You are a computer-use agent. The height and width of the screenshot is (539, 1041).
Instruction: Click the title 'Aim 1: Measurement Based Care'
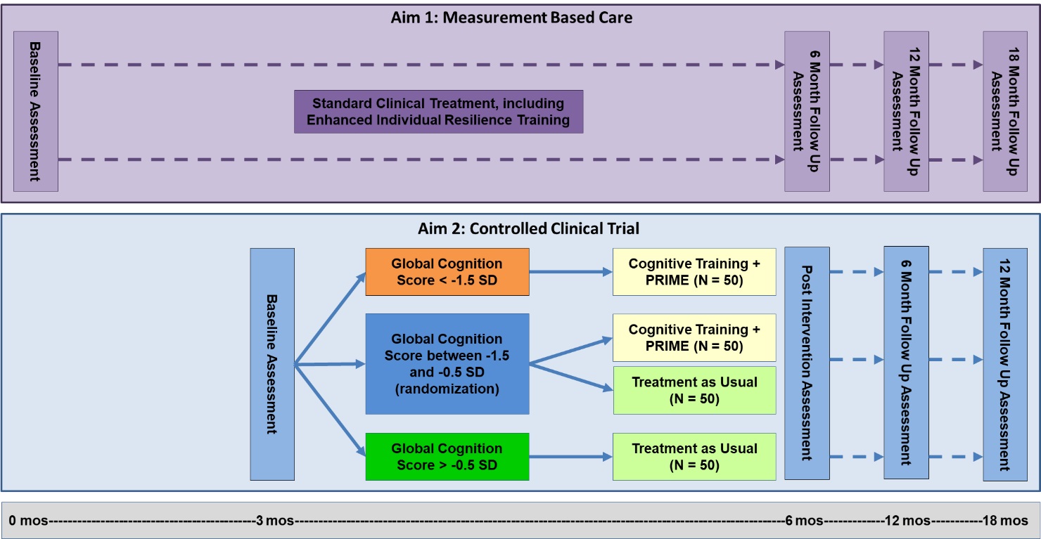(511, 18)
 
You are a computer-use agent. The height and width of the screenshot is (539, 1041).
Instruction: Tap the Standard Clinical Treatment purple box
(438, 112)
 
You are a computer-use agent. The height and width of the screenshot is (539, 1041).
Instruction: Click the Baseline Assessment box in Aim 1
(35, 111)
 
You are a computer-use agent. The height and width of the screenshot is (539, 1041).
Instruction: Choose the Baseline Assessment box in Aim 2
(272, 364)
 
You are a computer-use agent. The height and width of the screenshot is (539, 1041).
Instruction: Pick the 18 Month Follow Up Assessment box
(1005, 111)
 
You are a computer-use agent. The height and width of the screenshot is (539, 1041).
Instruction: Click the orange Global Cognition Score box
(447, 272)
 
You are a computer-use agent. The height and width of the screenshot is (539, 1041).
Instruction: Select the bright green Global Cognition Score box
(447, 457)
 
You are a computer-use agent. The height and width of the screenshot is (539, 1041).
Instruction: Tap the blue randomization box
(447, 364)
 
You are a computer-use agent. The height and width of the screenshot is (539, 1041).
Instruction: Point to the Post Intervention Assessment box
(807, 363)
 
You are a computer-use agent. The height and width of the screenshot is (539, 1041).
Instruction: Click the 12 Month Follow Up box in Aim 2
(1005, 364)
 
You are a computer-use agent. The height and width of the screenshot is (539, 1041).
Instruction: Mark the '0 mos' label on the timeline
(25, 521)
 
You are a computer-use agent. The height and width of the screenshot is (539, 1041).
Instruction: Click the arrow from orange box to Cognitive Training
(570, 271)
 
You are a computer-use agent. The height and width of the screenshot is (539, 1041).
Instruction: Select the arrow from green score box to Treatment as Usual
(570, 457)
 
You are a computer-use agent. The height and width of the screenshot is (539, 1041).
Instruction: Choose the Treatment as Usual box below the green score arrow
(694, 457)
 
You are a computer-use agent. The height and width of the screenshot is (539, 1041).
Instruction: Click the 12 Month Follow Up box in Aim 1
(905, 111)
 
